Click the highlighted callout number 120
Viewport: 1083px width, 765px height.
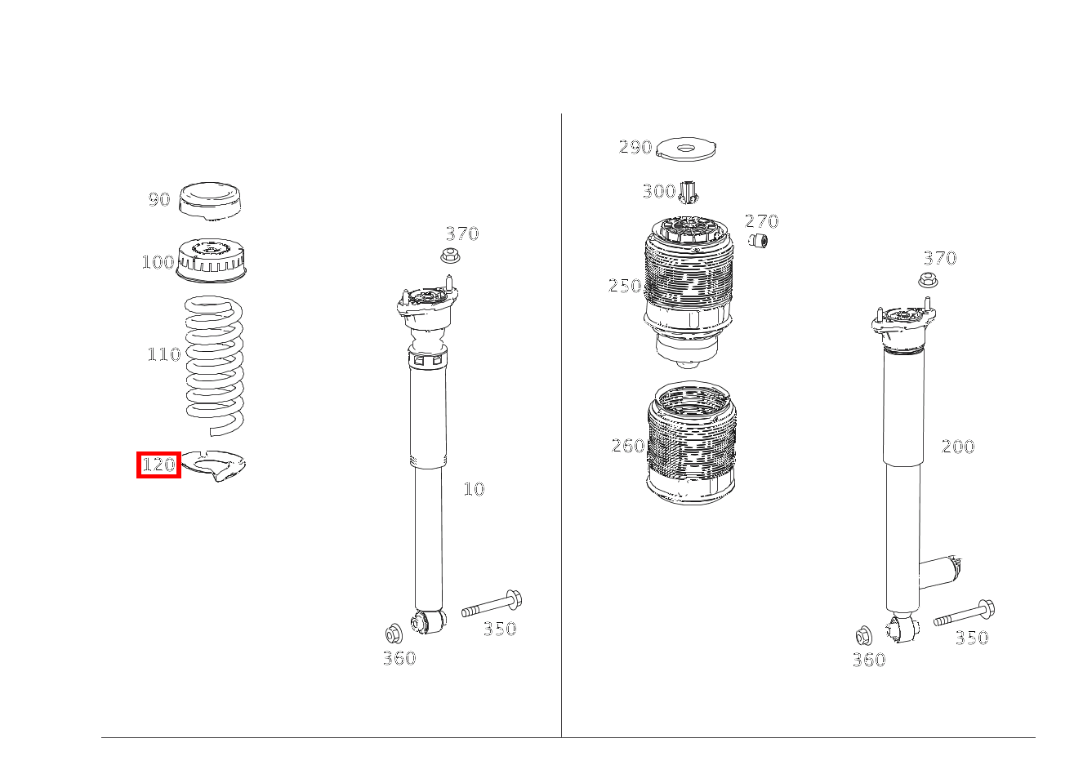coord(158,465)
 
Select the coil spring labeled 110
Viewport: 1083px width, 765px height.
coord(214,366)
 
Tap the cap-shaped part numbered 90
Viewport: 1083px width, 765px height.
coord(210,201)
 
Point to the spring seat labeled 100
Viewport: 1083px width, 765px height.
coord(211,260)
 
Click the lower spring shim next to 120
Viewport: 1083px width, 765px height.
coord(214,465)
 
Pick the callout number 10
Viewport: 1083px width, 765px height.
coord(474,489)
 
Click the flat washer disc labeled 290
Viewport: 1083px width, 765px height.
coord(686,149)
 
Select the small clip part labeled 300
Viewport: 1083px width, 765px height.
coord(689,193)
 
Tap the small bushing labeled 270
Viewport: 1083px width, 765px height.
coord(758,240)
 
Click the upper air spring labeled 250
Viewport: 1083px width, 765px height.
coord(689,291)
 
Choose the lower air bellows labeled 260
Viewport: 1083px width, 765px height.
coord(692,443)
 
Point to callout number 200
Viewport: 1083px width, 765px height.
coord(958,446)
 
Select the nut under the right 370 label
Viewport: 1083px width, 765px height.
coord(928,280)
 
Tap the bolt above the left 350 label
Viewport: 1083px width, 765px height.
coord(492,603)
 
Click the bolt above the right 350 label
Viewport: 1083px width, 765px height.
coord(964,613)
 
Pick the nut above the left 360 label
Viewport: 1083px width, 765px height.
coord(394,634)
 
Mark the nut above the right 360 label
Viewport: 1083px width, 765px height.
coord(863,636)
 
